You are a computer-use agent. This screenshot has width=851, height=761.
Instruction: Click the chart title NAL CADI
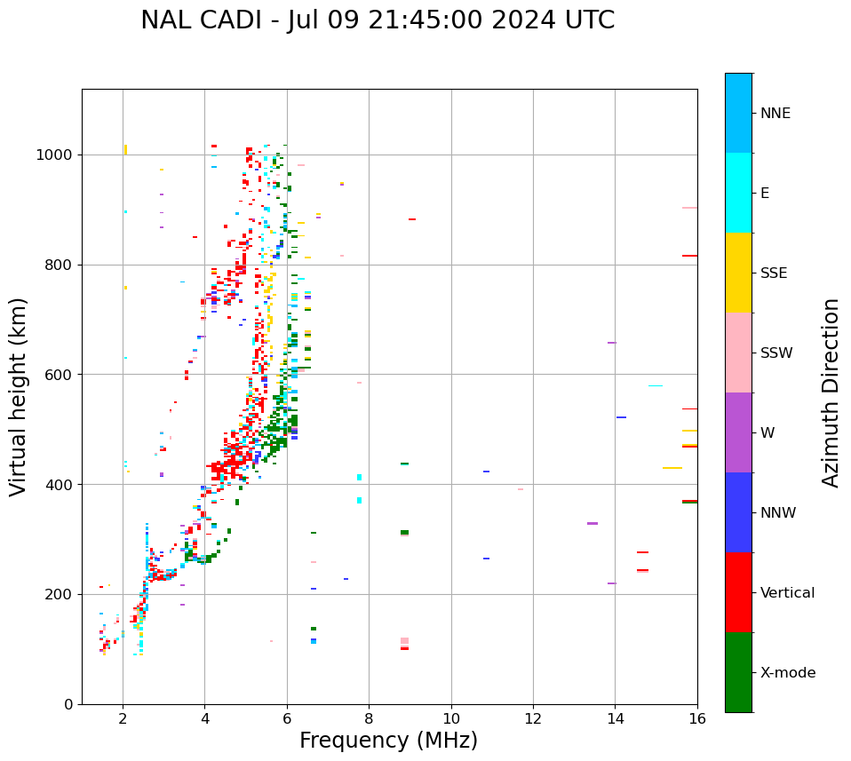378,20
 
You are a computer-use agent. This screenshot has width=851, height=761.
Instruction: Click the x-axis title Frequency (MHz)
388,741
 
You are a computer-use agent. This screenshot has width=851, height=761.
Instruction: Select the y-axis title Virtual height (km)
19,396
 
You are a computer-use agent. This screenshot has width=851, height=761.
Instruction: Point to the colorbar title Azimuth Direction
831,392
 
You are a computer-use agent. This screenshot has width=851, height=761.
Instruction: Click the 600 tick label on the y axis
60,375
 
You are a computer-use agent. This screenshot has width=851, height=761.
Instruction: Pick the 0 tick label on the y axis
68,704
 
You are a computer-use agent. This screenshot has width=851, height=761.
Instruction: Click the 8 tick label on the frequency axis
369,718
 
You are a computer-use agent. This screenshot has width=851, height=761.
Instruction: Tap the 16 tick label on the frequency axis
697,718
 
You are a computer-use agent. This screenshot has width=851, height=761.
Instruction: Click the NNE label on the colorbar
775,114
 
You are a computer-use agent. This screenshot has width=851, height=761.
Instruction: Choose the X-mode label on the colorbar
787,673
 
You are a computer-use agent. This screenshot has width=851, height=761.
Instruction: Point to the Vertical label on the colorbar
787,593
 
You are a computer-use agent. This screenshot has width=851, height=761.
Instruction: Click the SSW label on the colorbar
776,353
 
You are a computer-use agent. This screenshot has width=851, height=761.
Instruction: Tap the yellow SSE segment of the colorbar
738,273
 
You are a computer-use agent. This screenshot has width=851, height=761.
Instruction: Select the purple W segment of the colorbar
738,432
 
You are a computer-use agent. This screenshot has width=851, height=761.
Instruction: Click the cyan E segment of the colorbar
738,193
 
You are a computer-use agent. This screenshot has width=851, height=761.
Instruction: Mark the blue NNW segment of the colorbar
738,512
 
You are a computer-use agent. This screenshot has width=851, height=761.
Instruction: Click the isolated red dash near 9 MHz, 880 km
412,219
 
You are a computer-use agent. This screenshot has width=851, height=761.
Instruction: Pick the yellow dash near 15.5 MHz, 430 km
672,468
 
